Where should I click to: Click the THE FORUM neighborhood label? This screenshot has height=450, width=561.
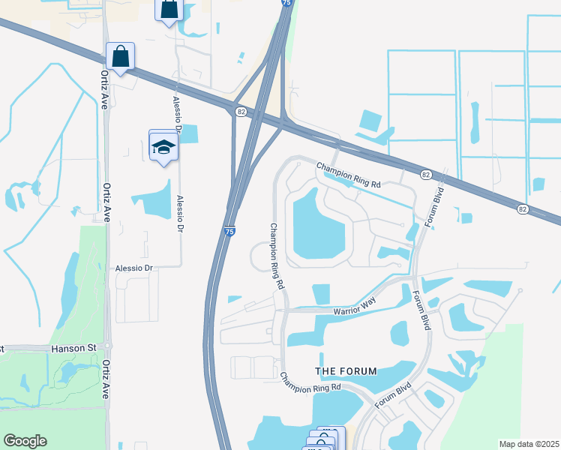click(x=346, y=371)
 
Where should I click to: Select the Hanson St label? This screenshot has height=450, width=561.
click(x=75, y=348)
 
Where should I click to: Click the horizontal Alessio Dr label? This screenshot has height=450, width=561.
click(x=134, y=268)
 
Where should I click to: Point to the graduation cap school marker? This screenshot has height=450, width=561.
click(x=163, y=146)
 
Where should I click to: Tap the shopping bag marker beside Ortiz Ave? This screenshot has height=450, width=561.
click(x=120, y=56)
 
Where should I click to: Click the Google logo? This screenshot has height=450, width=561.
click(x=25, y=441)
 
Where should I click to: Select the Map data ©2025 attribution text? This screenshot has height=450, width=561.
click(x=529, y=444)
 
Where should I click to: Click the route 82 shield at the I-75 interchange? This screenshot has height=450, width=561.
click(x=240, y=112)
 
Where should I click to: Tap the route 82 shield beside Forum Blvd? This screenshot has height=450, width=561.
click(x=425, y=174)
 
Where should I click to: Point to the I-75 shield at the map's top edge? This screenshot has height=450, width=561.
click(x=287, y=3)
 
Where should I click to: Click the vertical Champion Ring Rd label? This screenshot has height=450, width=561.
click(x=277, y=256)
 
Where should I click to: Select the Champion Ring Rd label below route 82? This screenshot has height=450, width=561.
click(x=349, y=175)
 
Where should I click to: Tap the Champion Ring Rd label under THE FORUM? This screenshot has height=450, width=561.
click(x=310, y=381)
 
